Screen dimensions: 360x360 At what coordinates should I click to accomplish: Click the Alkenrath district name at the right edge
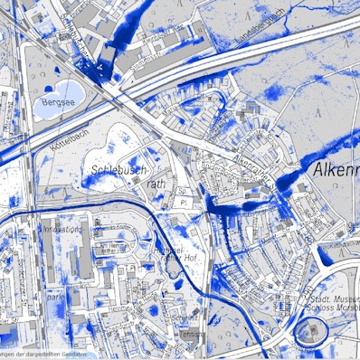[x=336, y=169]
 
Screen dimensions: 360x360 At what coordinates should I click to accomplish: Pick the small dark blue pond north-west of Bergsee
[x=46, y=88]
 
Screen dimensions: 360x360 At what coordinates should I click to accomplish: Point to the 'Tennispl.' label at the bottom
[x=190, y=334]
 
